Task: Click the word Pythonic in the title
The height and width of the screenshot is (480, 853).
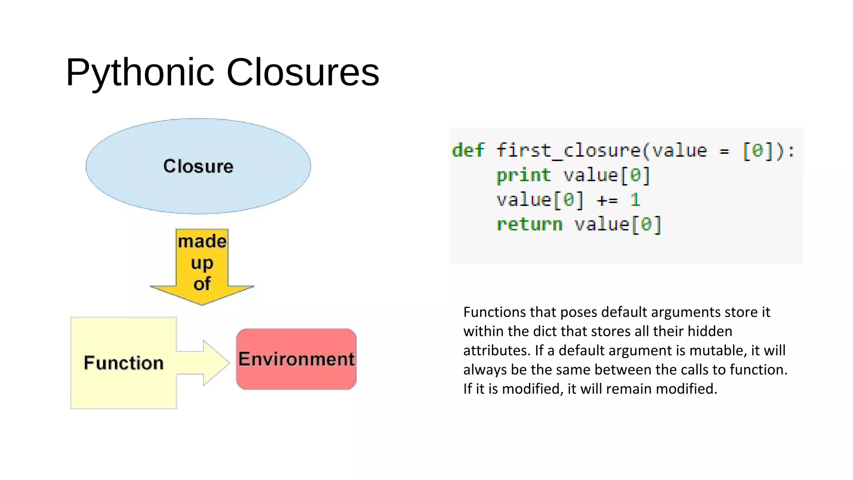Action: pyautogui.click(x=140, y=72)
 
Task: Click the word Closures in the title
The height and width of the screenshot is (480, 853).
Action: pyautogui.click(x=302, y=72)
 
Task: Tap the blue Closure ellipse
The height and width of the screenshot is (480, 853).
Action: pyautogui.click(x=198, y=166)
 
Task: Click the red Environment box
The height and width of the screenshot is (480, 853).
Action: pyautogui.click(x=296, y=359)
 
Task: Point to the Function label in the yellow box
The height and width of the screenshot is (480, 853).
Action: pyautogui.click(x=124, y=363)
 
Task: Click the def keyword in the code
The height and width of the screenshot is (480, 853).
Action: pyautogui.click(x=468, y=150)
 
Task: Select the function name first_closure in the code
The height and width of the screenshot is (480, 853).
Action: pyautogui.click(x=569, y=150)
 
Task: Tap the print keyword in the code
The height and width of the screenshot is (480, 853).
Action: pyautogui.click(x=523, y=175)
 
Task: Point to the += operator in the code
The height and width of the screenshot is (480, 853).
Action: pyautogui.click(x=607, y=200)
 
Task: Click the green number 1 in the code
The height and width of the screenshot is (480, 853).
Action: pyautogui.click(x=635, y=200)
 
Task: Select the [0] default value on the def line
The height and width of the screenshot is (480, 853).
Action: pyautogui.click(x=758, y=150)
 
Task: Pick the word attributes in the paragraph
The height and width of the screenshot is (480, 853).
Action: pyautogui.click(x=495, y=350)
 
